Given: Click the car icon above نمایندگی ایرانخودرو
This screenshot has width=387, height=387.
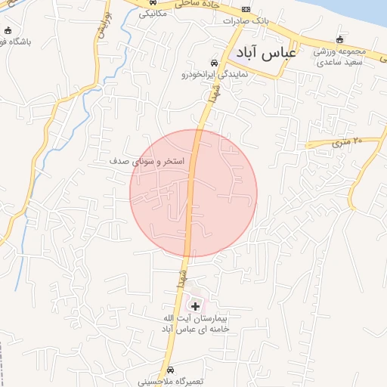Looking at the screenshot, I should [x=214, y=63].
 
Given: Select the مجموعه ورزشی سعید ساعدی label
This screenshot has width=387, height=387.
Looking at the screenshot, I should [x=341, y=56].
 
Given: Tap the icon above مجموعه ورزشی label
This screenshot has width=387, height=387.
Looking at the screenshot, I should [x=340, y=39].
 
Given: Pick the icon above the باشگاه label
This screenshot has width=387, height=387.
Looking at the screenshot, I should [x=8, y=31].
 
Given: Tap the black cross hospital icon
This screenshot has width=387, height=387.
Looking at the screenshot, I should [x=196, y=305].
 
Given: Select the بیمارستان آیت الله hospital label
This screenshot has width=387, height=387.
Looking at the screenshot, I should [x=196, y=324].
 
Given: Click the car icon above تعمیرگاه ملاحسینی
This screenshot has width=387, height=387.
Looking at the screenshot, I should [x=172, y=370].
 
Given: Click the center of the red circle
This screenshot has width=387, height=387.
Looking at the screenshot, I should [x=193, y=193].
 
